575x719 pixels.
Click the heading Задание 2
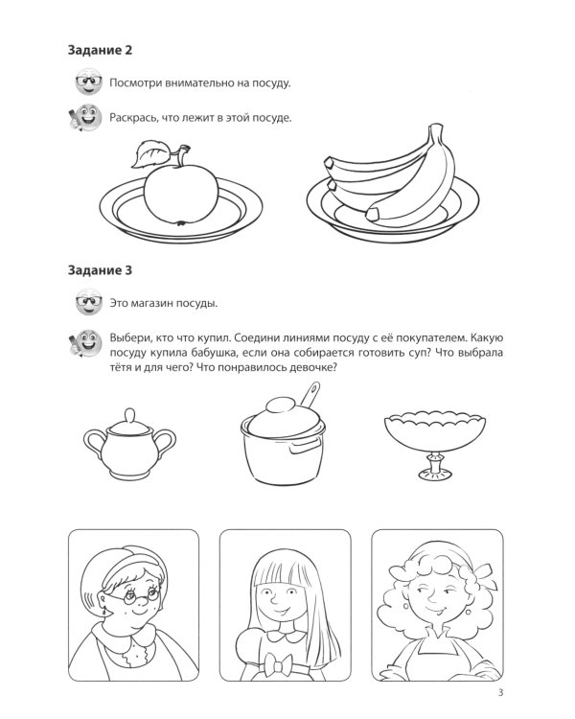(100, 50)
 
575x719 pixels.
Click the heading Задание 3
(100, 270)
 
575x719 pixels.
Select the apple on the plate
(181, 195)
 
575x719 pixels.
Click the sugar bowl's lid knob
(129, 416)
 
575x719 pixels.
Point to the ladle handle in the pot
(310, 394)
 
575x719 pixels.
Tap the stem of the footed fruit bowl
(435, 465)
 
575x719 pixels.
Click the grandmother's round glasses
(136, 596)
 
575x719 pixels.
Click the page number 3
(500, 692)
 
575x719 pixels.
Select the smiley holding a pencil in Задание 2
(84, 117)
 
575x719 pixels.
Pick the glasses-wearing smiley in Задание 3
(88, 302)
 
